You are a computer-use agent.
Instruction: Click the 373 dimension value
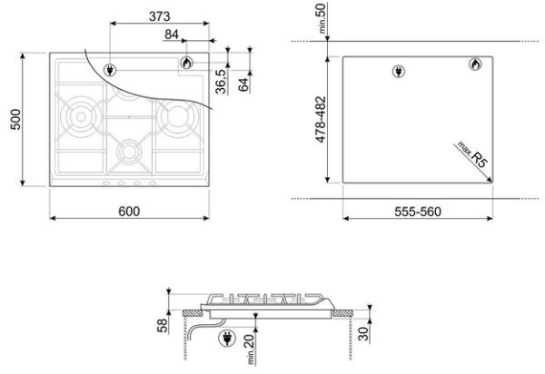(160, 16)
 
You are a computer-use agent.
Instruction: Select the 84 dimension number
(172, 34)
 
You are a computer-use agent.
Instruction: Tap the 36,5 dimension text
(221, 82)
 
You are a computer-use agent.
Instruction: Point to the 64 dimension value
(243, 84)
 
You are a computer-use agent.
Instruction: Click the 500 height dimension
(15, 120)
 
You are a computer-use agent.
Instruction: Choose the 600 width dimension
(129, 212)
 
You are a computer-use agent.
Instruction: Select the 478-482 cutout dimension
(322, 120)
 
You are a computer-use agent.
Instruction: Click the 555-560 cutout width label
(418, 212)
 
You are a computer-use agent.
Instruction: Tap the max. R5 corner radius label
(473, 154)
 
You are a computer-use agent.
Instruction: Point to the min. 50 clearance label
(322, 18)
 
